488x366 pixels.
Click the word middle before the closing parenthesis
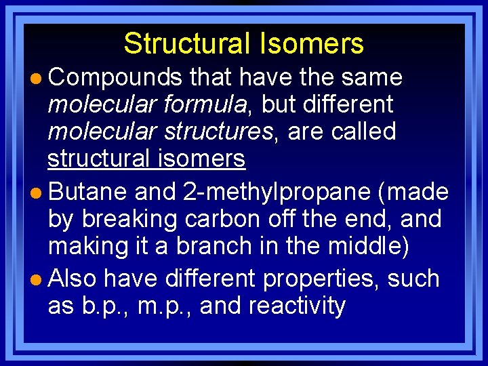coord(366,247)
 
